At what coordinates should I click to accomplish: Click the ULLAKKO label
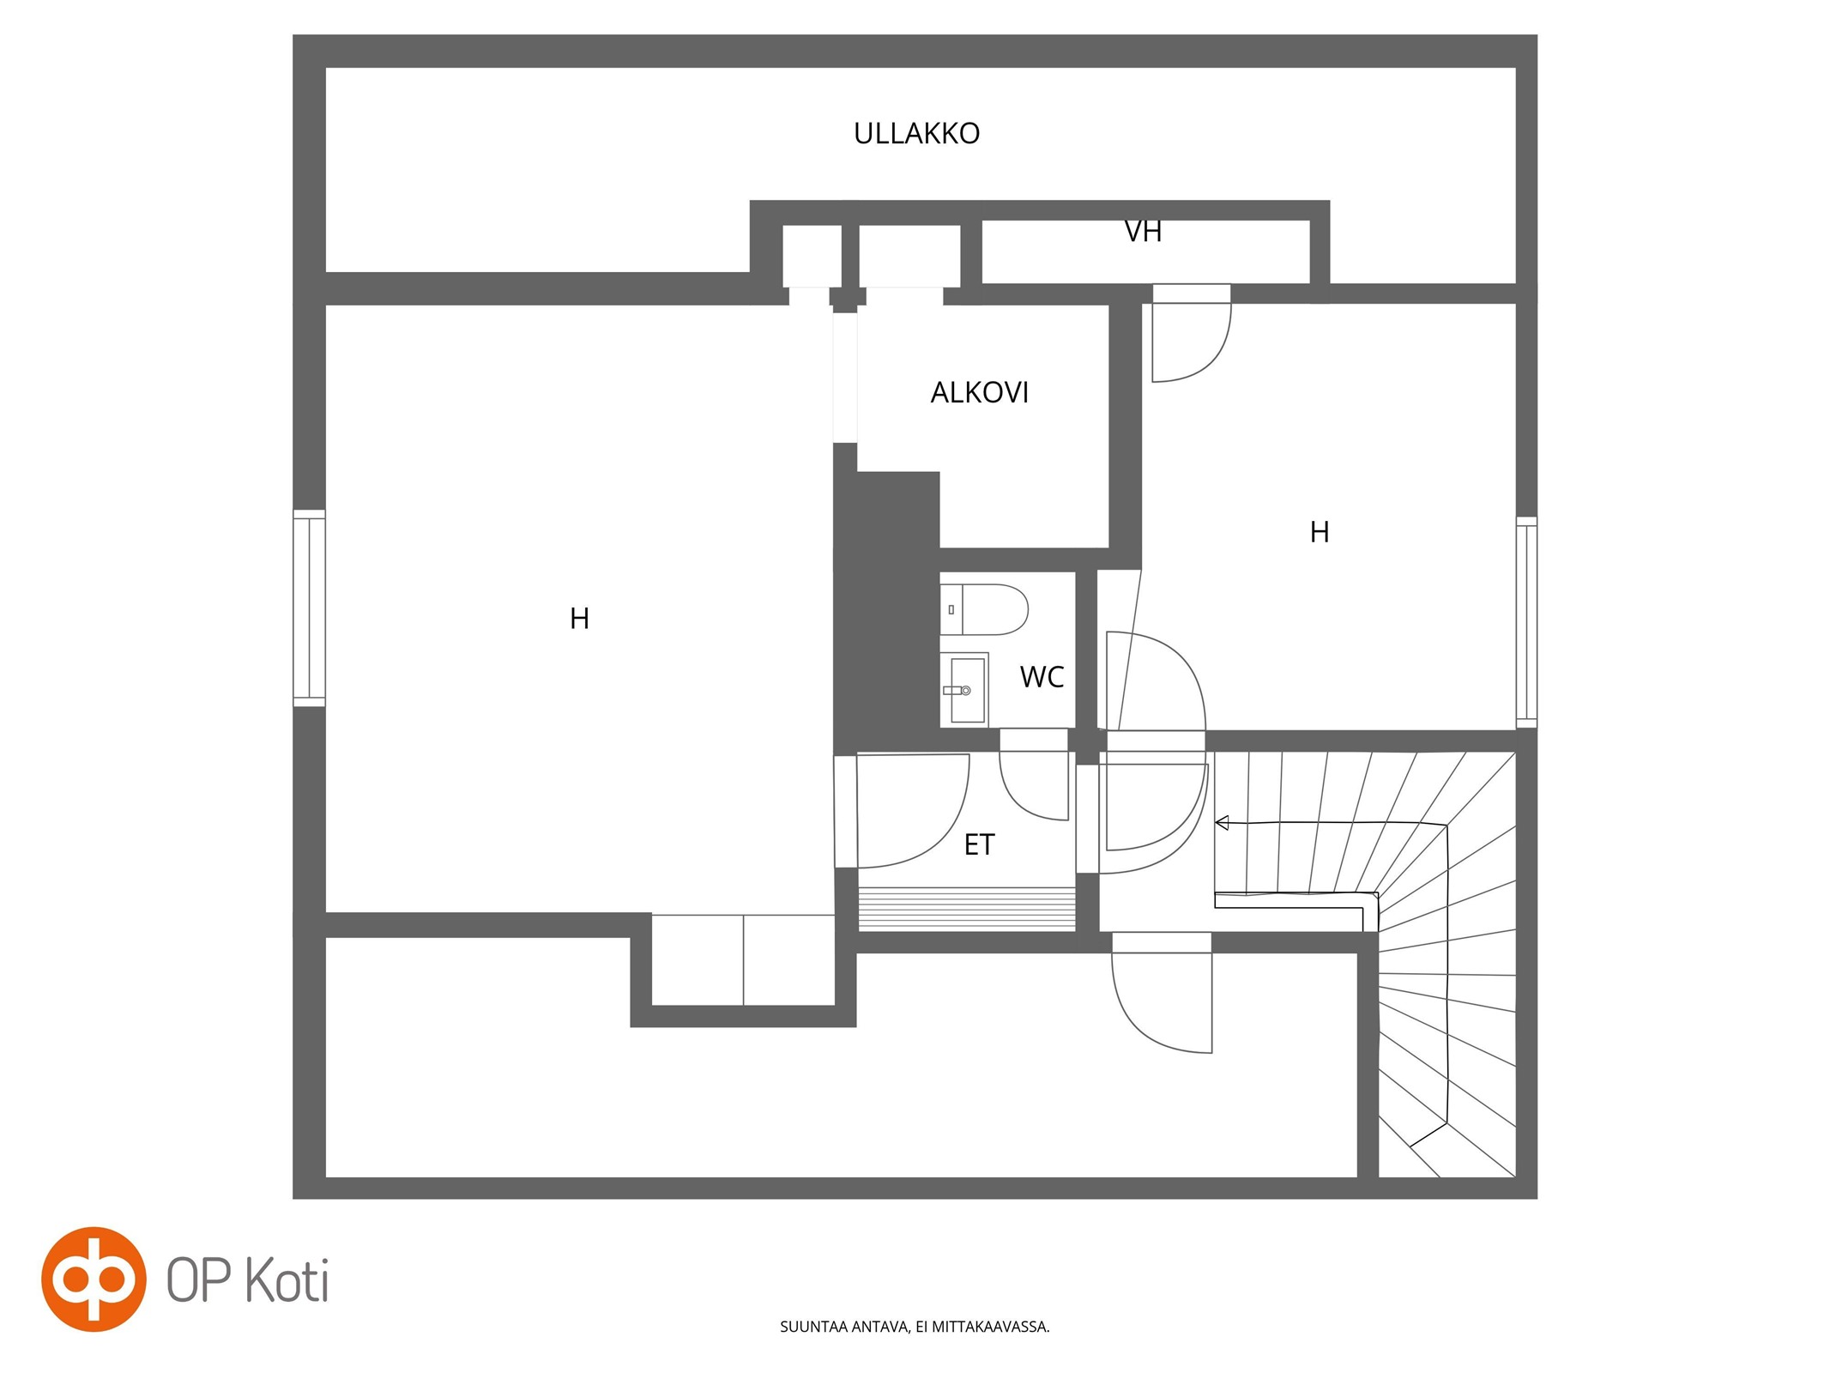(916, 133)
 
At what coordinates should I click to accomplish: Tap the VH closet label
(1143, 231)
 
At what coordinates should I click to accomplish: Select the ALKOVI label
(979, 392)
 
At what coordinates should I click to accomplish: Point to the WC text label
(1042, 677)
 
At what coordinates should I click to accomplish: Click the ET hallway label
(979, 844)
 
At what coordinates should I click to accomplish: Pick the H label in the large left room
(579, 618)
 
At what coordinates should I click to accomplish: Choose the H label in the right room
(1320, 532)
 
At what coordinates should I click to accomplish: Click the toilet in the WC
(984, 609)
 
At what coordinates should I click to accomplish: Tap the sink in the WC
(964, 689)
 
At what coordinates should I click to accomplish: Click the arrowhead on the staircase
(1223, 823)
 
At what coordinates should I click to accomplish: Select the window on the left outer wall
(309, 608)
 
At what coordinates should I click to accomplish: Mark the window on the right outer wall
(1526, 621)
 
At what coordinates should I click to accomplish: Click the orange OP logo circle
(94, 1279)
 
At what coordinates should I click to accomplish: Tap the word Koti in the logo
(287, 1280)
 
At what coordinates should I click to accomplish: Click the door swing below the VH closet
(1190, 340)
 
